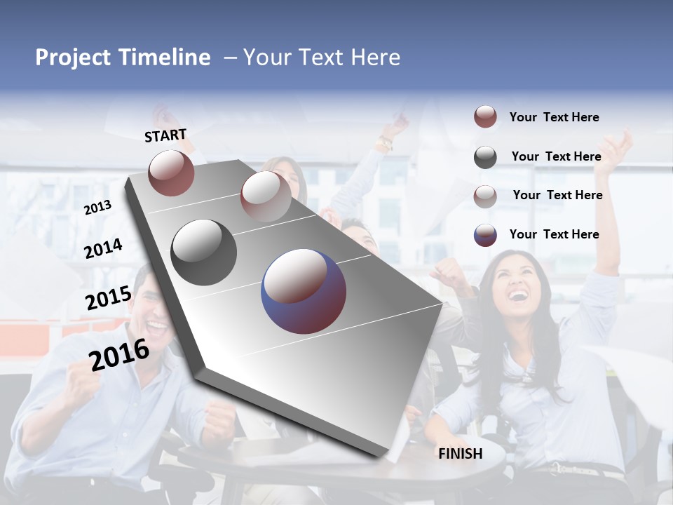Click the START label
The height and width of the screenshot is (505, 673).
tap(165, 135)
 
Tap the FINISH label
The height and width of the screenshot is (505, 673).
tap(460, 454)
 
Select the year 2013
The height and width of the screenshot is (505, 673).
tap(97, 207)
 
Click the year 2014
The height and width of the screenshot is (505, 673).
tap(103, 248)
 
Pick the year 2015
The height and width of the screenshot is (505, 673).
tap(108, 298)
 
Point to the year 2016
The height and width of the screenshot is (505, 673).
tap(119, 355)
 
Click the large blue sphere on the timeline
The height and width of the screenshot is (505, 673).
tap(304, 291)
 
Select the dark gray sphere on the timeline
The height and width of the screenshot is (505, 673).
tap(204, 252)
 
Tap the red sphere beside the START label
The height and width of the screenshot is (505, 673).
tap(171, 173)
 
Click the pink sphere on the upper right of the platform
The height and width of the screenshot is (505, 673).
tap(266, 196)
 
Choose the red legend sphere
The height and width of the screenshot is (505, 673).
tap(485, 117)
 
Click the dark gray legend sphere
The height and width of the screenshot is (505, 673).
tap(485, 157)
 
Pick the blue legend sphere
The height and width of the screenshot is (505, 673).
tap(485, 235)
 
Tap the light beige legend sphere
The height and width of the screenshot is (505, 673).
tap(485, 196)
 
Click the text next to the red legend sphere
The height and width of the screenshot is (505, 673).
tap(554, 117)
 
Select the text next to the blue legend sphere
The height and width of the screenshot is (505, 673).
tap(554, 234)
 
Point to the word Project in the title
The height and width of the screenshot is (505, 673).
tap(74, 58)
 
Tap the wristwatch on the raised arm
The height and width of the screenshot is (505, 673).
tap(384, 144)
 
